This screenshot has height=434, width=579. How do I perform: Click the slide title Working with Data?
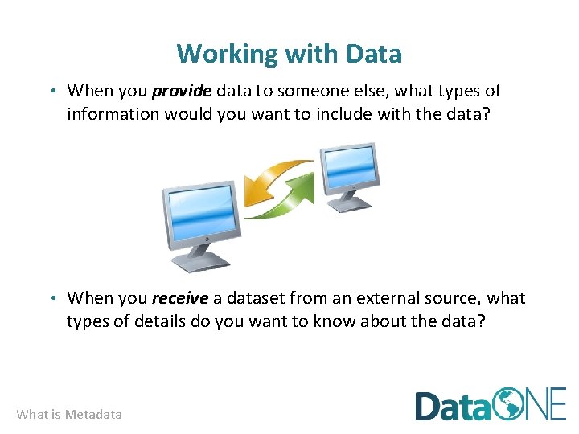point(289,54)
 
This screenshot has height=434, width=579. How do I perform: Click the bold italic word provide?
point(181,91)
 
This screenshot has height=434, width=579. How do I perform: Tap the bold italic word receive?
point(180,298)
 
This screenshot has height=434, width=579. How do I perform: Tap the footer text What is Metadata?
point(69,415)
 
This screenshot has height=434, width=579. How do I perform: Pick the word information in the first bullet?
point(113,113)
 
